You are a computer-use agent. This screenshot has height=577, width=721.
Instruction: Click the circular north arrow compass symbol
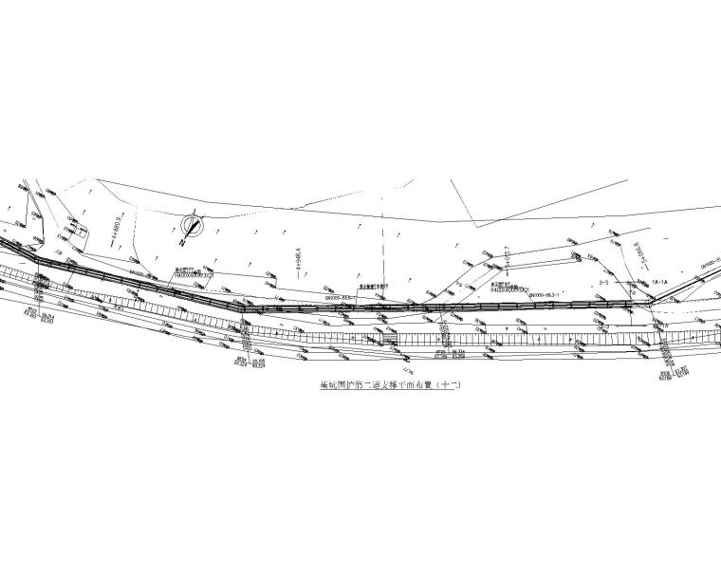[x=193, y=226]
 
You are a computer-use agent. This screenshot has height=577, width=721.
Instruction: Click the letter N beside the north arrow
[x=180, y=243]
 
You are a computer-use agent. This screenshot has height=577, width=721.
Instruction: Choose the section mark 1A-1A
[x=660, y=282]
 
